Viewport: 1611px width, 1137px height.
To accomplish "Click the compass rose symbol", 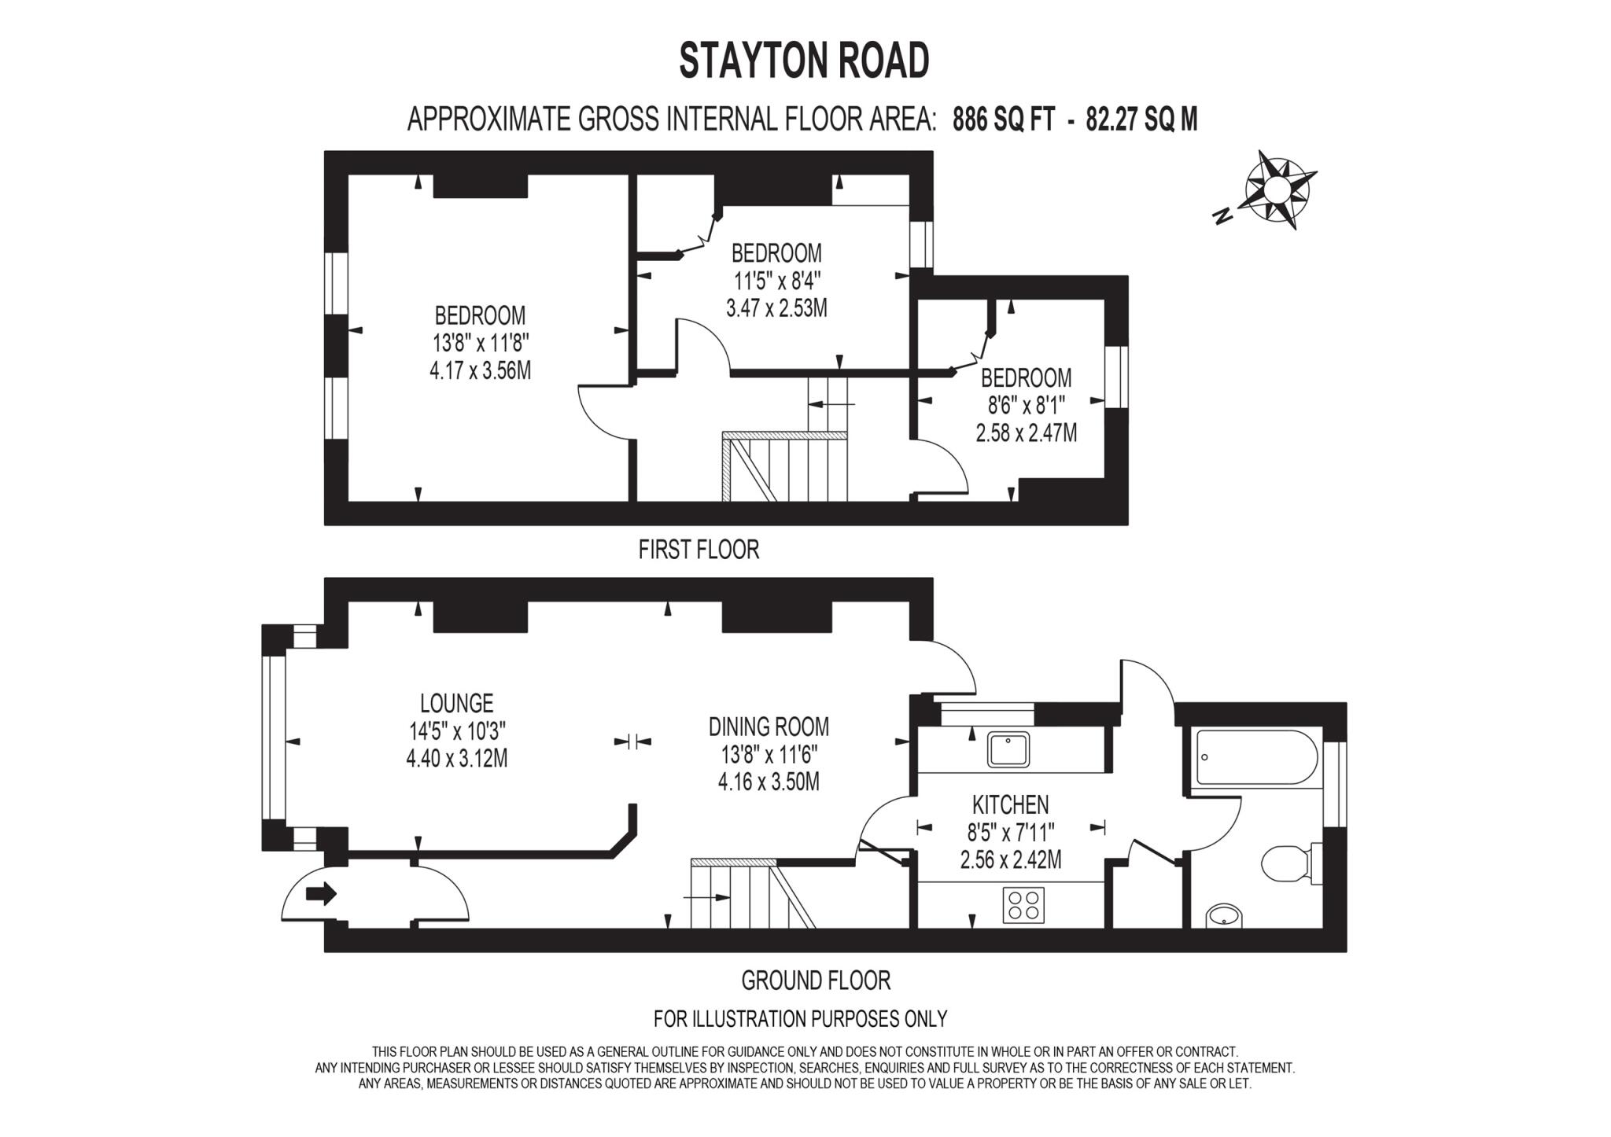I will [x=1278, y=189].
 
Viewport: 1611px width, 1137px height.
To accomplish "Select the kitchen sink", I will [x=1008, y=749].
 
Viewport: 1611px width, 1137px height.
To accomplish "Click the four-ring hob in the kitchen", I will [x=1023, y=904].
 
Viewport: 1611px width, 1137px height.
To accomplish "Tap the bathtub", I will [x=1255, y=757].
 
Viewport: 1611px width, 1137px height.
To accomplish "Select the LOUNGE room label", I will [x=456, y=703].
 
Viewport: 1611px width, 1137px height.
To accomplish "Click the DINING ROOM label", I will [x=769, y=726].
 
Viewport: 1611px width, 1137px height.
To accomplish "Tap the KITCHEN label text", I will [x=1010, y=804].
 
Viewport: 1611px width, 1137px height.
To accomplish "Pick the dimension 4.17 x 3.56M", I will [x=480, y=370].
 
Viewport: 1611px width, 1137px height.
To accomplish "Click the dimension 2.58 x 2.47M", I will [x=1026, y=432].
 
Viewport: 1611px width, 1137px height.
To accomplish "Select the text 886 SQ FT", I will [x=1002, y=120].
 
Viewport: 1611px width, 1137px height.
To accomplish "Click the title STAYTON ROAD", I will [x=804, y=61].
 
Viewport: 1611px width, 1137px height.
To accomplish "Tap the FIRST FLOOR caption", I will [x=699, y=550].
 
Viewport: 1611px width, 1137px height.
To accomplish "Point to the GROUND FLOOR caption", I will [x=816, y=981].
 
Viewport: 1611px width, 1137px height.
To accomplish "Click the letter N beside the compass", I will [x=1222, y=216].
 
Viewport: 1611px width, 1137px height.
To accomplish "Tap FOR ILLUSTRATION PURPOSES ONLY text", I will [x=800, y=1019].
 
